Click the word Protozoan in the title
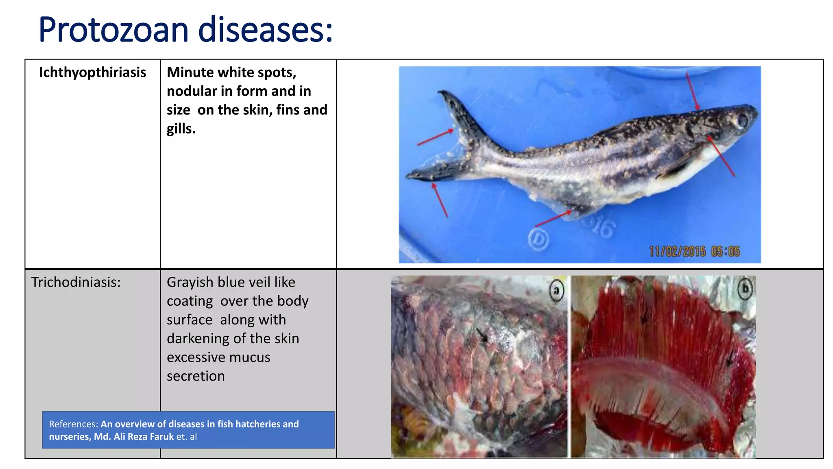click(x=113, y=30)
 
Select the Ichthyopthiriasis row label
click(x=92, y=72)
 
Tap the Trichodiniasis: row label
click(x=76, y=282)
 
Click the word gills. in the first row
click(x=181, y=129)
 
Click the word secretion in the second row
click(x=196, y=376)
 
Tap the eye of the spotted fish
click(x=743, y=120)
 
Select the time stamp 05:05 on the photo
click(x=725, y=251)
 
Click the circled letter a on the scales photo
click(x=556, y=290)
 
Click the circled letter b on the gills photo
click(x=745, y=289)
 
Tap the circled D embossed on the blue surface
click(x=538, y=239)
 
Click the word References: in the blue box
click(x=73, y=424)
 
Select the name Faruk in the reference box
click(x=161, y=437)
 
